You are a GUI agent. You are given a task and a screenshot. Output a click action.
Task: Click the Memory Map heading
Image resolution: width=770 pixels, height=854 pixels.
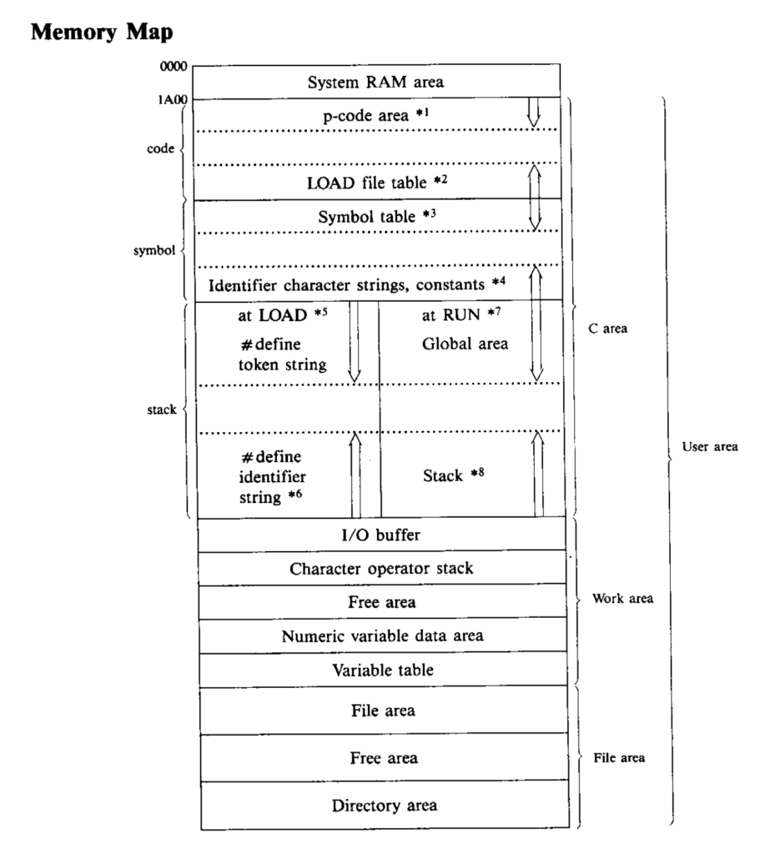click(x=102, y=33)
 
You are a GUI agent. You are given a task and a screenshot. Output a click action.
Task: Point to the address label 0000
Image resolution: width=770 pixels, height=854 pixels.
click(x=174, y=67)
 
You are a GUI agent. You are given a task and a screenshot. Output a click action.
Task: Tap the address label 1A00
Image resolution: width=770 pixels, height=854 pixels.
click(x=173, y=100)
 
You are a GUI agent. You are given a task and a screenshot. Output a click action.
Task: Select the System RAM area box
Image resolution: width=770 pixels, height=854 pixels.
click(x=376, y=82)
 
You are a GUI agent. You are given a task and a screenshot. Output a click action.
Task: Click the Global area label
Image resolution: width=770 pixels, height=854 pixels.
click(x=465, y=344)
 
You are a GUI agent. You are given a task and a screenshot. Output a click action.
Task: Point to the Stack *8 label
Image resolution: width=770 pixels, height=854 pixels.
click(x=453, y=475)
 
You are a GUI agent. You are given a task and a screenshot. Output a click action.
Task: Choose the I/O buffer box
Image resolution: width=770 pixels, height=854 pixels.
click(x=381, y=535)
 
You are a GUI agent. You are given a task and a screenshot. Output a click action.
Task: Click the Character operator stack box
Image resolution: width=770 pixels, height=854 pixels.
click(x=382, y=568)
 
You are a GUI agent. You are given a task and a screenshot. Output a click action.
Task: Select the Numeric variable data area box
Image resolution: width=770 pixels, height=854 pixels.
click(x=383, y=635)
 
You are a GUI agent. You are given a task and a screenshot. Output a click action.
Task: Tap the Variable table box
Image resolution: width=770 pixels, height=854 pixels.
click(x=383, y=670)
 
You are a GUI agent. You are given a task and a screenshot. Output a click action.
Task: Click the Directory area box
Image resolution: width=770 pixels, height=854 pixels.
click(x=385, y=806)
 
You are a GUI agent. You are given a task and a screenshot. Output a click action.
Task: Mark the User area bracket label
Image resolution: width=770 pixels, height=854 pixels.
click(x=710, y=447)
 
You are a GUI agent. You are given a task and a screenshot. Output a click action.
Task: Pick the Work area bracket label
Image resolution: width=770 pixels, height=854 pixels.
click(x=623, y=599)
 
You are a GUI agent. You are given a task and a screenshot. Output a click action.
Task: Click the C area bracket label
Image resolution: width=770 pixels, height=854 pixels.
click(x=607, y=329)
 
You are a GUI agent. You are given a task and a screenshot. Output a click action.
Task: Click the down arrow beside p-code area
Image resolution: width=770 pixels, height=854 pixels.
click(x=534, y=113)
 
